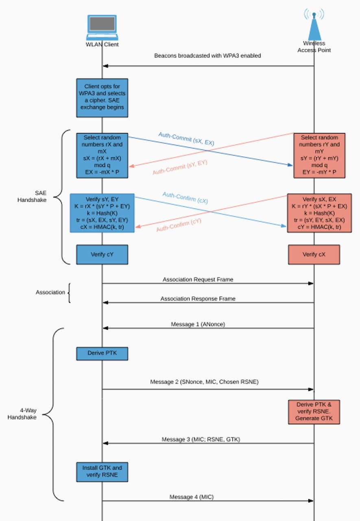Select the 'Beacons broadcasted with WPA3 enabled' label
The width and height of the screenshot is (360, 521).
point(207,56)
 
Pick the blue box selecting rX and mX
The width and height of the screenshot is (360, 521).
point(102,155)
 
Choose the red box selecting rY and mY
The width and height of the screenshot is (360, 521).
point(319,155)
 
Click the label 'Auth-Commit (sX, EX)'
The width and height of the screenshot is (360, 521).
point(186,139)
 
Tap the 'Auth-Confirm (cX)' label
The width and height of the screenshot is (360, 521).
point(185,198)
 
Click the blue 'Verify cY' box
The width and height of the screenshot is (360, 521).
point(102,254)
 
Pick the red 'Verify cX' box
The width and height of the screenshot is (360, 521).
point(314,254)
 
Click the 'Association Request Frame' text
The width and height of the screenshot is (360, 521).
point(198,280)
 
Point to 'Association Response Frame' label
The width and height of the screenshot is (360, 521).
point(198,299)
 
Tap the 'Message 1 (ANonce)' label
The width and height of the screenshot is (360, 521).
point(198,324)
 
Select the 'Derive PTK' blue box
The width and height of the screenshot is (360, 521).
point(102,353)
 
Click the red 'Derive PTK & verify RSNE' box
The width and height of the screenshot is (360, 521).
point(314,412)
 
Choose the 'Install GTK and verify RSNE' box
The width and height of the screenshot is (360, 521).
point(102,471)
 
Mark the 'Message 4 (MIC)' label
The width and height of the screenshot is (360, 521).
point(192,497)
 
